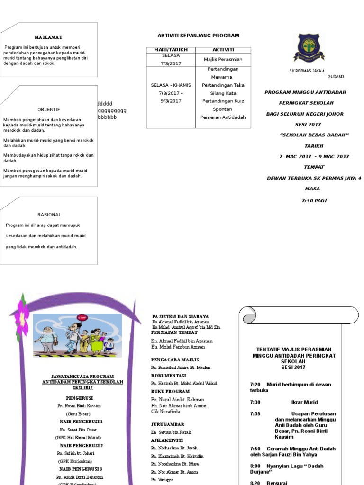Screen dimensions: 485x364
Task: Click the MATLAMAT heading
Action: click(48, 37)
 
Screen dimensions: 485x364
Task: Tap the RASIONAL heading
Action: click(49, 215)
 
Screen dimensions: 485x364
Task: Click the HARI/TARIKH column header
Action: click(171, 50)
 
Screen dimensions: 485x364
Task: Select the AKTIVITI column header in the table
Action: click(223, 50)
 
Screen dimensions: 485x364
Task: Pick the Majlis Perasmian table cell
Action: click(223, 59)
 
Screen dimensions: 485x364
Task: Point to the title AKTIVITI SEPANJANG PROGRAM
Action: click(198, 36)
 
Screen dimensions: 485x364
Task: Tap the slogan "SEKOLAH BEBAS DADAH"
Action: click(314, 135)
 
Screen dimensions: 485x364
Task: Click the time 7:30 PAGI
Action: click(314, 200)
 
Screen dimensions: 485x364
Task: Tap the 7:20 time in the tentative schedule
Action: click(255, 385)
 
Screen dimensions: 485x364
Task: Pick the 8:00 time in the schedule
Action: click(255, 466)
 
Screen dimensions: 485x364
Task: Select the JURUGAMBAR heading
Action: click(167, 424)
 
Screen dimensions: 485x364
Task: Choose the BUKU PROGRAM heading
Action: click(170, 391)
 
